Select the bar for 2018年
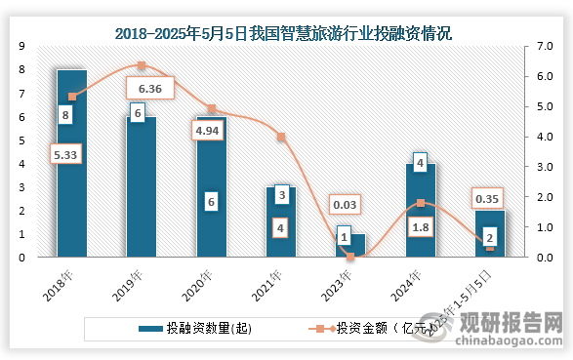[71, 166]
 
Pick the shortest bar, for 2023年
[350, 246]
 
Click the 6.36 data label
[150, 89]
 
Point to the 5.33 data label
[68, 153]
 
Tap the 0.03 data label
[345, 203]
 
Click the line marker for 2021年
[281, 137]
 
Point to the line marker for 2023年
[350, 257]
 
